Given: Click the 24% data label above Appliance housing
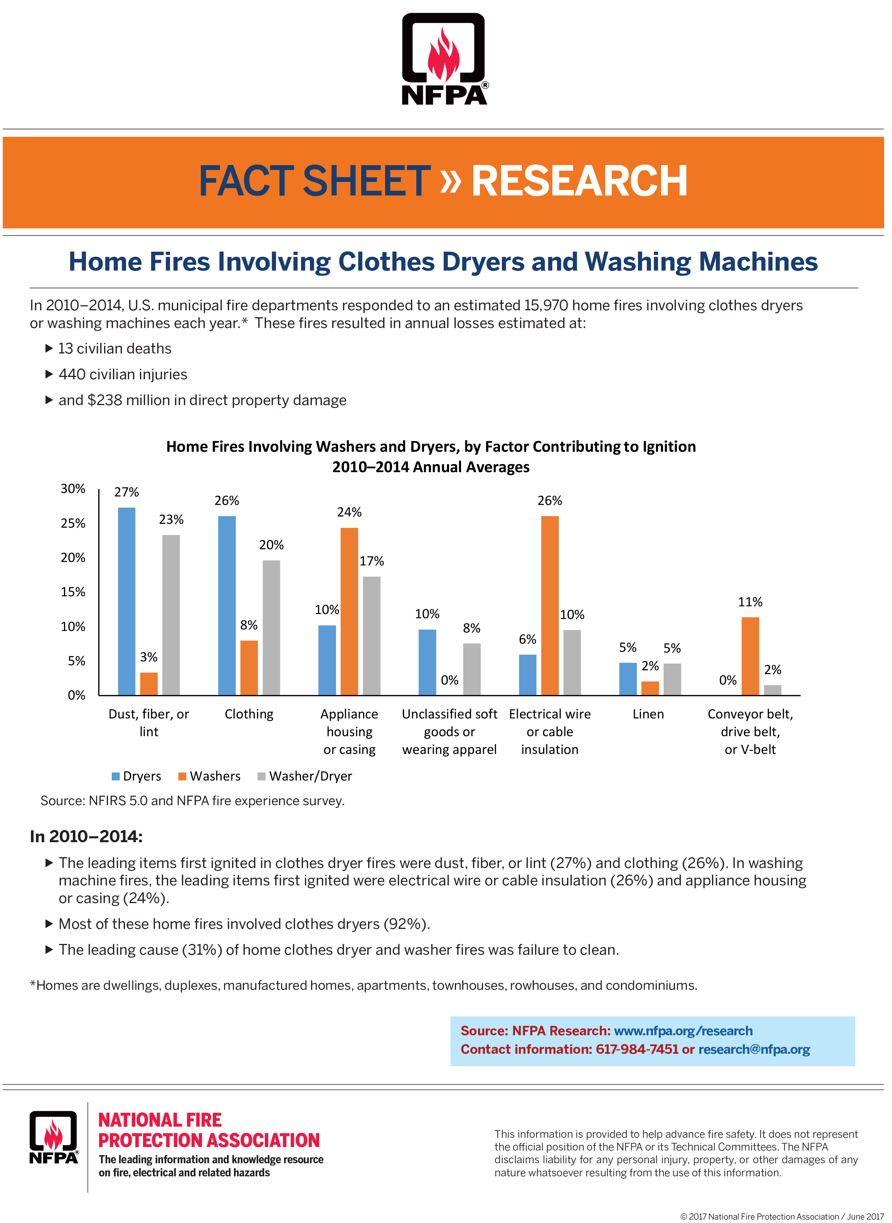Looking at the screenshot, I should pos(349,512).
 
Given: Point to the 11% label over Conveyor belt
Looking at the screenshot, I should pos(750,602).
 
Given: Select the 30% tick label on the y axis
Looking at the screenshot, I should pos(73,489).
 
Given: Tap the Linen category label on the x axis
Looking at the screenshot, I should pos(648,714).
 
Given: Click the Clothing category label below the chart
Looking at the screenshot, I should pos(249,714).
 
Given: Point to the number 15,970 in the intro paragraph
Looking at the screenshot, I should pos(545,306).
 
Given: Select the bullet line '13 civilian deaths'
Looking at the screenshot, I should pos(114,349).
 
